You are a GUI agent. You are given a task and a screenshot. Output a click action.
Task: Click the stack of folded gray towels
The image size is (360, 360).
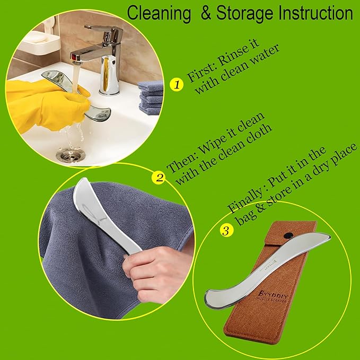tap(150, 96)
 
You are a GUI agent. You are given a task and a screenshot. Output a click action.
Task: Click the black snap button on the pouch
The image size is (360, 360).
tap(288, 233)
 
